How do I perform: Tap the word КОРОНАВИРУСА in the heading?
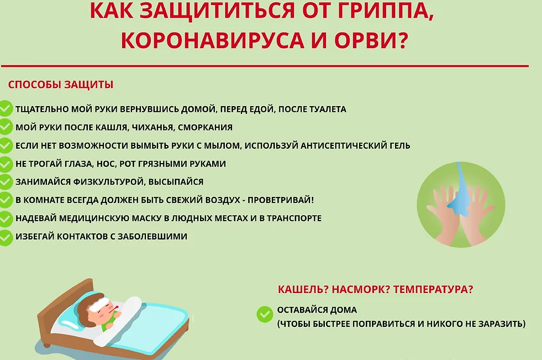coord(212,40)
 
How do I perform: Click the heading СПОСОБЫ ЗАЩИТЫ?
coord(61,85)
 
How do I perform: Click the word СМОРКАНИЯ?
coord(205,128)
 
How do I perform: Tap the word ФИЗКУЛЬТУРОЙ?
coord(108,182)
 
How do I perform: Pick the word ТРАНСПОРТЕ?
coord(294,218)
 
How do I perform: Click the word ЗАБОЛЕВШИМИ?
coord(152,237)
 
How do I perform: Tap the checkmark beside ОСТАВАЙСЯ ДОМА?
coord(265,314)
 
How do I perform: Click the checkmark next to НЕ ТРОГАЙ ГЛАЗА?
coord(5,164)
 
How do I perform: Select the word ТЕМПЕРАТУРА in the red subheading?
coord(433,289)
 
